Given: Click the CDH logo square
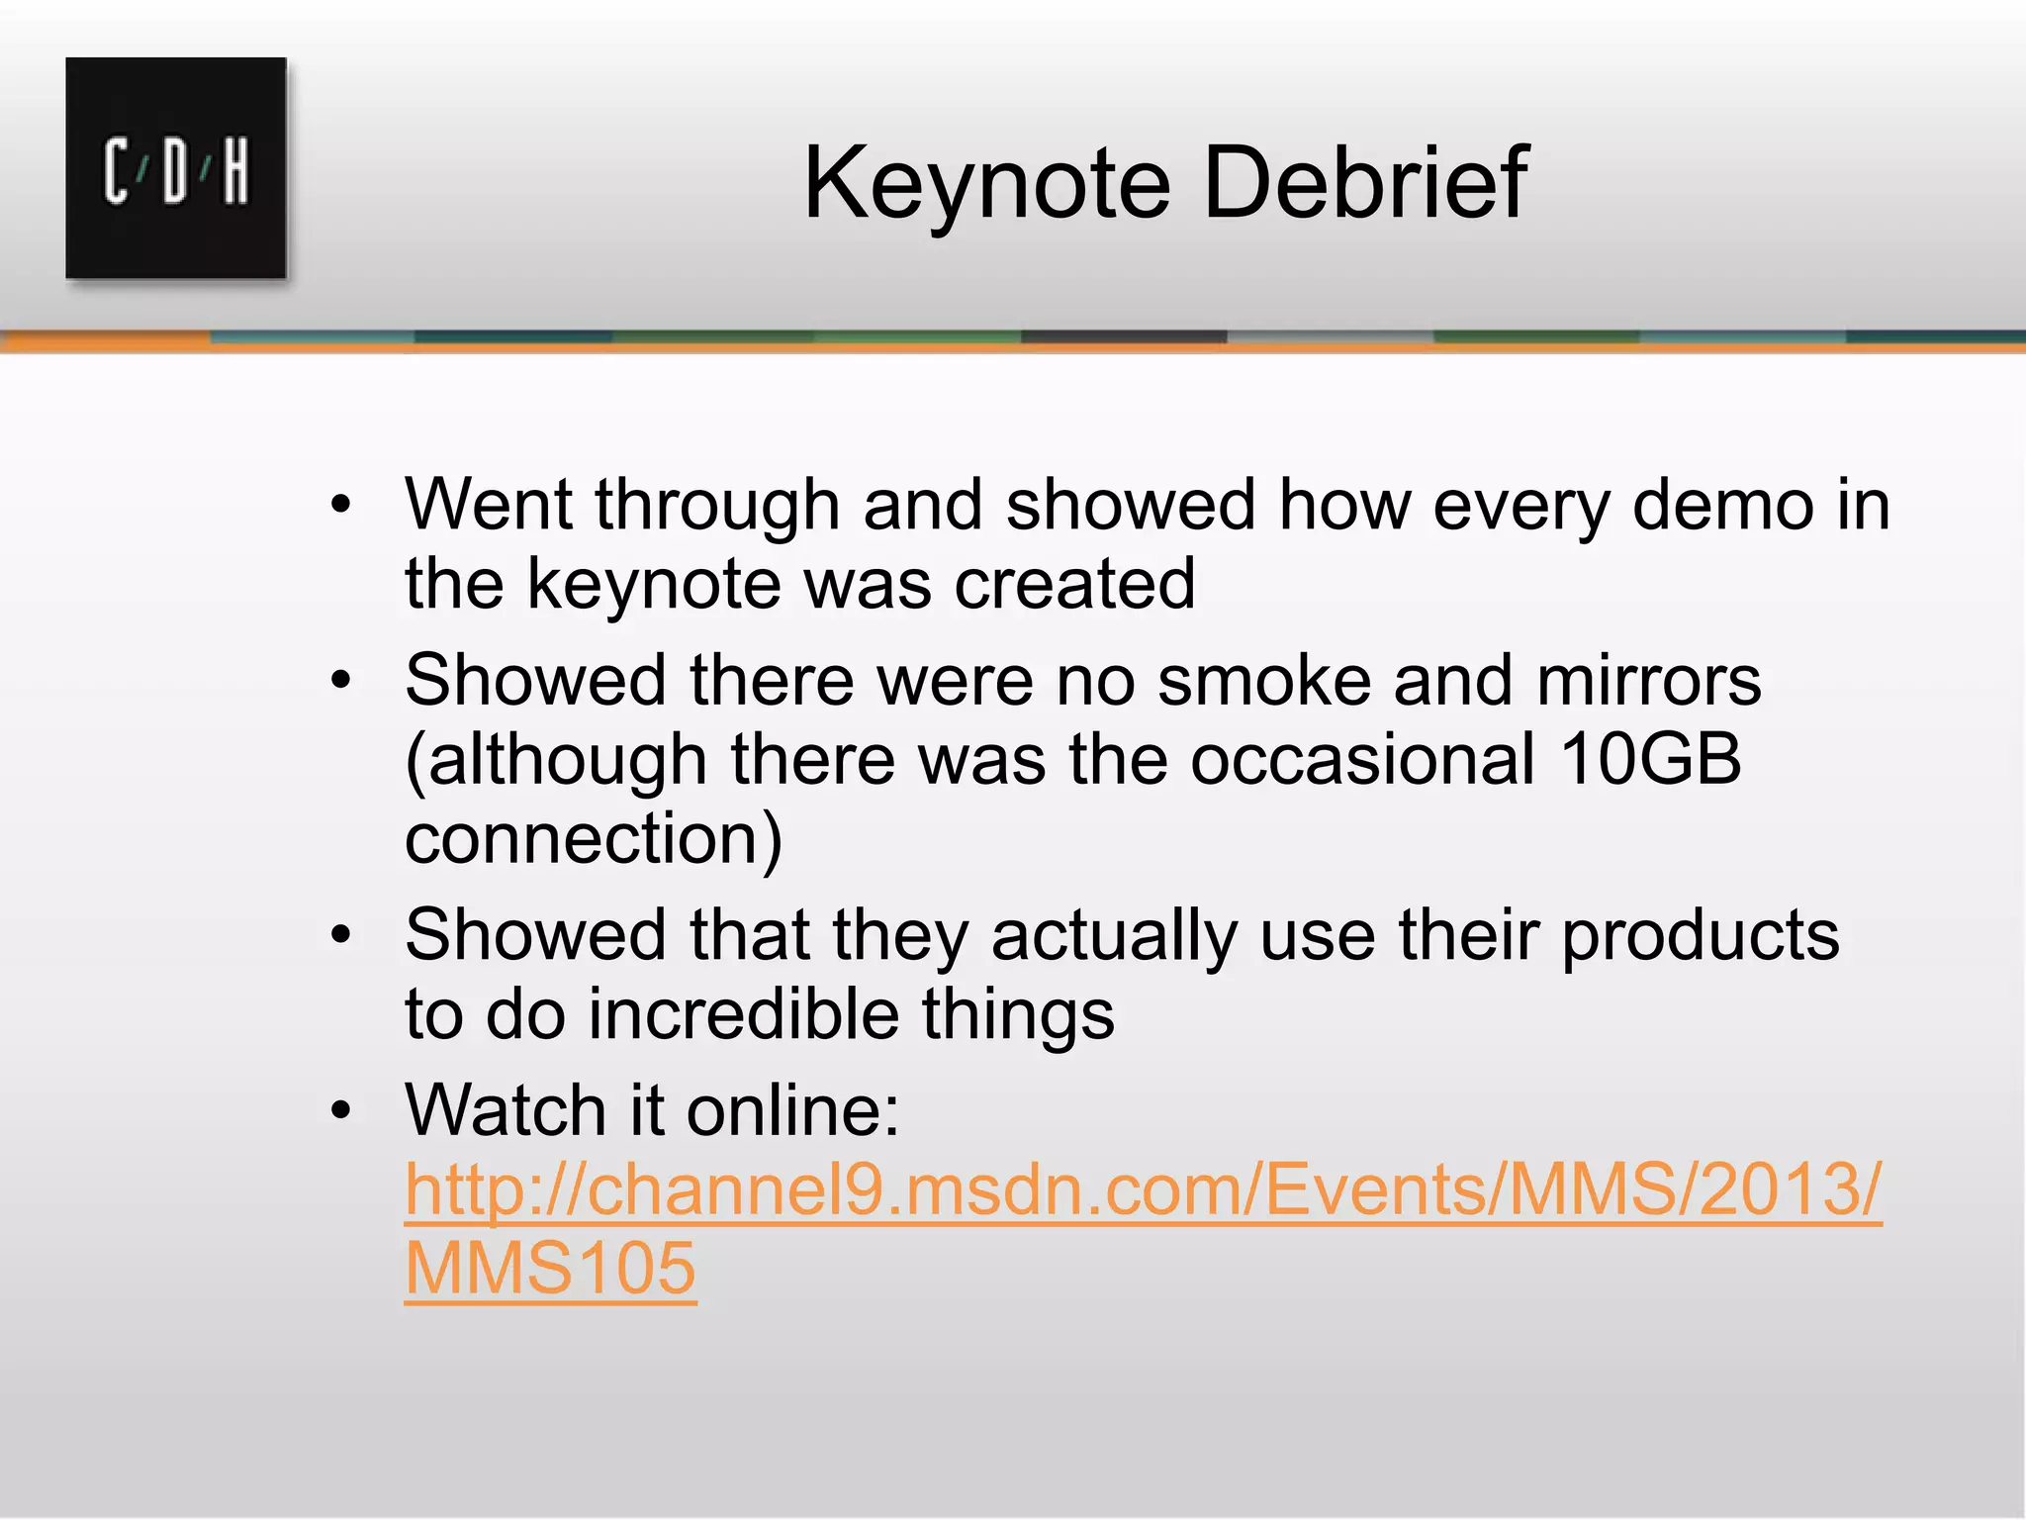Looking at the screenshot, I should tap(176, 168).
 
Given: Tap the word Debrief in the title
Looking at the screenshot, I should tap(1364, 183).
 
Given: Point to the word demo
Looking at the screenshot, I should tap(1722, 506).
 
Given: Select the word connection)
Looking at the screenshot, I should tap(594, 839).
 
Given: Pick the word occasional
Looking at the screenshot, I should tap(1363, 760).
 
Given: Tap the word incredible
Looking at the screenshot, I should tap(743, 1015).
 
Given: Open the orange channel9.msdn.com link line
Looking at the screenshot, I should tap(1143, 1190).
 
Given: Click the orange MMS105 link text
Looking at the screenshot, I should tap(551, 1270).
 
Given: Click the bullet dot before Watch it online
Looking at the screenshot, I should tap(341, 1111).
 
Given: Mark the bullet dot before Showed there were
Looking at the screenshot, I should tap(341, 681).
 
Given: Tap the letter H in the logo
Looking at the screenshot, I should tap(235, 172).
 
